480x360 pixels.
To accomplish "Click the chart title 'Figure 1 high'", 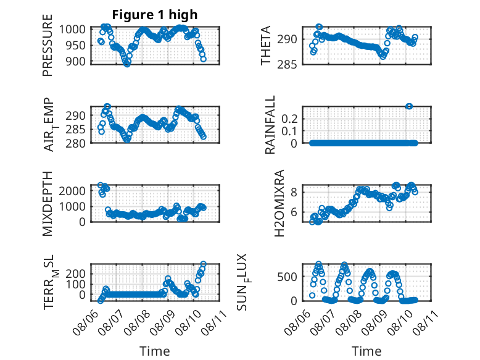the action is pos(155,15).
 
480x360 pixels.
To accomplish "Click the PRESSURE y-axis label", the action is pos(48,45).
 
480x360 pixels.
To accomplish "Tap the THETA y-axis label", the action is pos(266,45).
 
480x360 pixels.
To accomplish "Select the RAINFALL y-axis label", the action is pos(270,125).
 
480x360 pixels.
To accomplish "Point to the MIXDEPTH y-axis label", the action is pos(48,204).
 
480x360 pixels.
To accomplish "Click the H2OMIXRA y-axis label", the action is pos(279,203).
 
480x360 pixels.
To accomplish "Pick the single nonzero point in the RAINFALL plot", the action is pos(409,106).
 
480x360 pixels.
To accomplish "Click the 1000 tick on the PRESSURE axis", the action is pos(72,30).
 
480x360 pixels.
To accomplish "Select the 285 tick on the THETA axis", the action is pos(287,65).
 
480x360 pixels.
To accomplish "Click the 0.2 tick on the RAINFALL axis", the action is pos(289,119).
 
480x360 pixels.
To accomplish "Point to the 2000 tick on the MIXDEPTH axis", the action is pos(72,191).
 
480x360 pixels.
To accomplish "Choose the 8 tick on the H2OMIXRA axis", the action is pos(294,193).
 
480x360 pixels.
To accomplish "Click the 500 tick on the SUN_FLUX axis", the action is pos(287,277).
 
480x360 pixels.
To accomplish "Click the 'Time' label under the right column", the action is pos(366,351).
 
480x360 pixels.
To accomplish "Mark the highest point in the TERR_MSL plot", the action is pos(203,264).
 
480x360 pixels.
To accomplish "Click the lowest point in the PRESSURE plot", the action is pos(127,64).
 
